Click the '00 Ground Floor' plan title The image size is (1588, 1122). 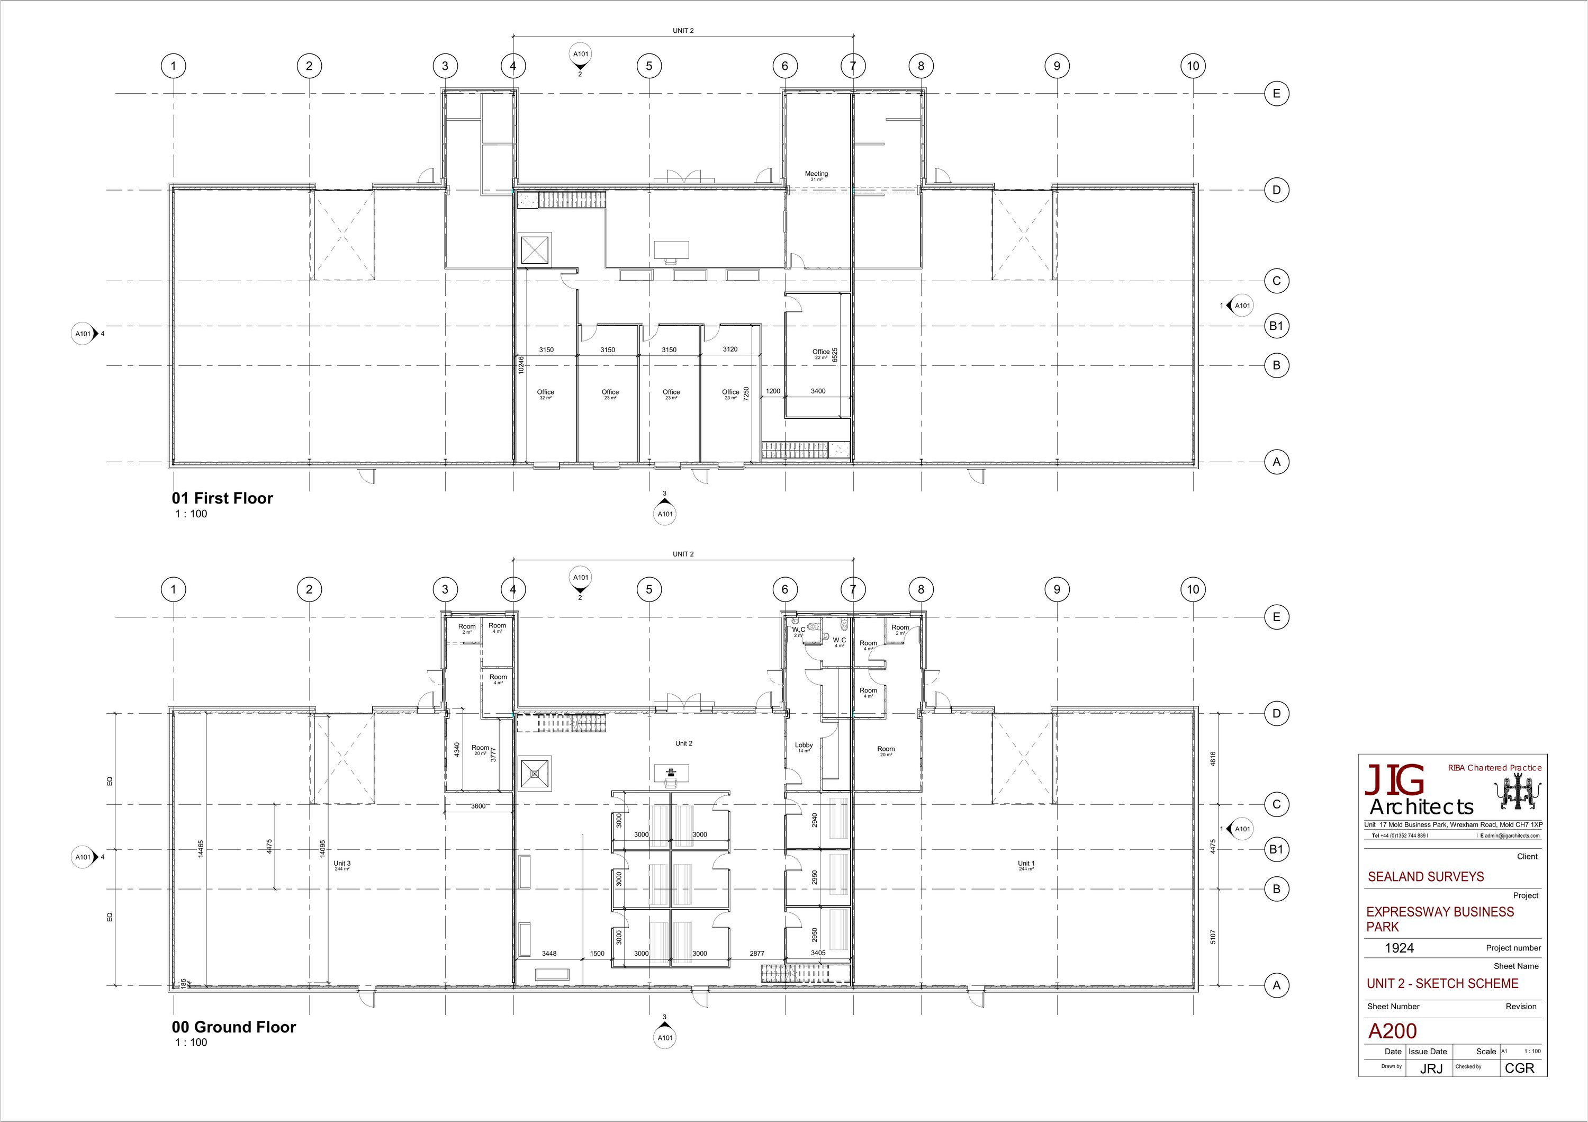[234, 1027]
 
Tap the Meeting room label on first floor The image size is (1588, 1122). [816, 174]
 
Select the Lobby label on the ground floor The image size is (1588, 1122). [804, 746]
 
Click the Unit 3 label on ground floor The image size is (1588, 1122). [341, 863]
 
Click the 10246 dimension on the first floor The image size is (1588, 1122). [521, 365]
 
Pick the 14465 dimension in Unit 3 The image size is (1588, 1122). [201, 849]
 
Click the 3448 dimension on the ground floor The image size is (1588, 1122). [549, 953]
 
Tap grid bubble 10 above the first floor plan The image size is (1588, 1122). [1193, 66]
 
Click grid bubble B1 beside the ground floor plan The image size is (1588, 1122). [1276, 849]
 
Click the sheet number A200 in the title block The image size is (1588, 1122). [1392, 1031]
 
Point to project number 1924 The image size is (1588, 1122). [1398, 948]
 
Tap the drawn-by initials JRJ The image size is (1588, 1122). [1431, 1069]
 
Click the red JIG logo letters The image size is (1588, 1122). [1394, 781]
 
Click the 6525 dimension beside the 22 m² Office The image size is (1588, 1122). [835, 355]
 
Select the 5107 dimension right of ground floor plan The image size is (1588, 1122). [1213, 937]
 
